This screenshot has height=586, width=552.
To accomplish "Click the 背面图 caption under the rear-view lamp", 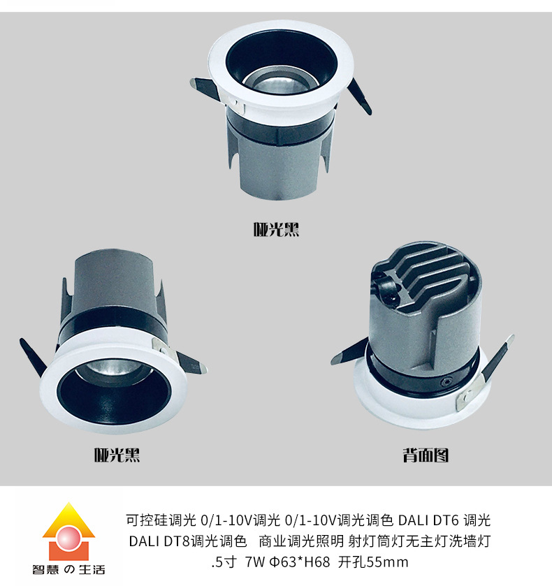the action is tap(426, 455).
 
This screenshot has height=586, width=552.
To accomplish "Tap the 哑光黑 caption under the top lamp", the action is tap(276, 229).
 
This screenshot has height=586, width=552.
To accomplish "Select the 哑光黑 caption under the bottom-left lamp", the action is tap(117, 455).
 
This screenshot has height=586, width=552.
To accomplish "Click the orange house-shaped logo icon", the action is tap(68, 531).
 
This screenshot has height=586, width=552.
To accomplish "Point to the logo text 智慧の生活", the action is tap(68, 569).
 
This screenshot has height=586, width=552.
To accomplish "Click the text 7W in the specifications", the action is tap(254, 562).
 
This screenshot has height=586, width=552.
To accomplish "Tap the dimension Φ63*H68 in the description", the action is tap(300, 562).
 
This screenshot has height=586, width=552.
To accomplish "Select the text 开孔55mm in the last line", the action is tap(373, 562).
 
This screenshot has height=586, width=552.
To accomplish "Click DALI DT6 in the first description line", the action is tap(428, 520).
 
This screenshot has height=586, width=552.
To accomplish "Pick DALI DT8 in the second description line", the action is tap(159, 541).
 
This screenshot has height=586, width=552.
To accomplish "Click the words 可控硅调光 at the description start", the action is tap(161, 520).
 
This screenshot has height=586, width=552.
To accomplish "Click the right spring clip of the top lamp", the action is tap(360, 97).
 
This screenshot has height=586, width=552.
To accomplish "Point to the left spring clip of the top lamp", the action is tap(205, 89).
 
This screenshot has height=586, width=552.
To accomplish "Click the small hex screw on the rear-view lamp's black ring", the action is tap(446, 382).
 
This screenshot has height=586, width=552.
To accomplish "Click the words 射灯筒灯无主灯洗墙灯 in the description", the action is tap(419, 541).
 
